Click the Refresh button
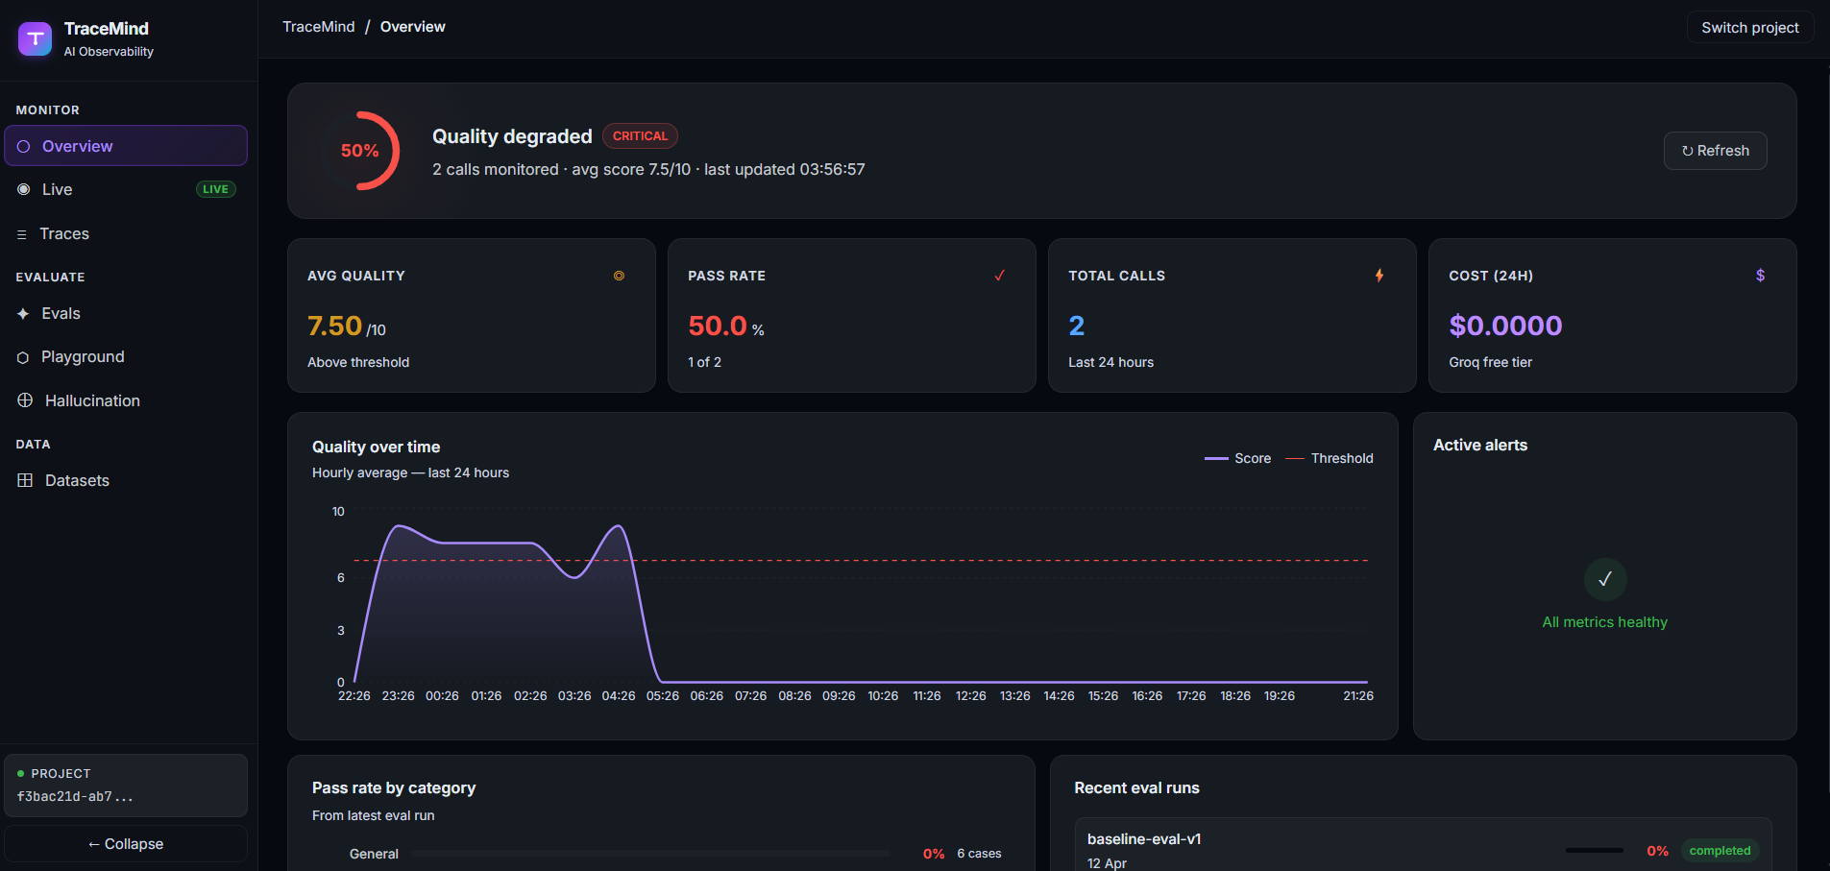[x=1715, y=151]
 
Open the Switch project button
[x=1750, y=28]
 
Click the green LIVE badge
[x=216, y=189]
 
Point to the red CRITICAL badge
[x=640, y=136]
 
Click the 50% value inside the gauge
[x=360, y=151]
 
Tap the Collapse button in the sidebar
[x=126, y=844]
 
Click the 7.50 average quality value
[x=334, y=327]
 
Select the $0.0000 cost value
[x=1505, y=326]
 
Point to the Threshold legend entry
[x=1330, y=458]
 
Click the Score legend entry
[x=1237, y=458]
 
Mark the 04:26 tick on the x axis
[x=619, y=696]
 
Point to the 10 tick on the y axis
[x=338, y=512]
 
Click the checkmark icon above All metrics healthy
[x=1605, y=579]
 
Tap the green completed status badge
[x=1720, y=851]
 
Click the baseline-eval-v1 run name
[x=1144, y=839]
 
